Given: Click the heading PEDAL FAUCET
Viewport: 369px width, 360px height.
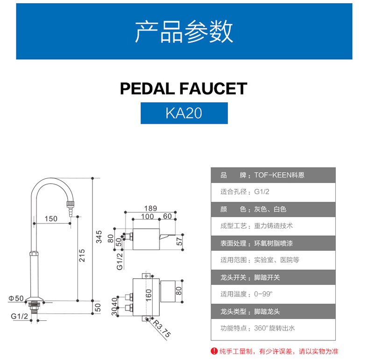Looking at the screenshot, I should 184,88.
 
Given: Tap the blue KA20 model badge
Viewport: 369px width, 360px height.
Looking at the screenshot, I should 184,113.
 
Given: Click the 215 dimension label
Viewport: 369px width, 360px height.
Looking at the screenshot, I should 82,254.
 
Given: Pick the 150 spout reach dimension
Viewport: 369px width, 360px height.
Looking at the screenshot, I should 51,219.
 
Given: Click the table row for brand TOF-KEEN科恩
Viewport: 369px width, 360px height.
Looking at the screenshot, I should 273,176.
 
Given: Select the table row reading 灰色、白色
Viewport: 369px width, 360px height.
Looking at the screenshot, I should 273,209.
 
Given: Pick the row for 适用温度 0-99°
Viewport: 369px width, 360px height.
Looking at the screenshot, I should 273,294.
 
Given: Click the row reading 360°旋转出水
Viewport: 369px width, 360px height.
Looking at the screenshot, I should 273,328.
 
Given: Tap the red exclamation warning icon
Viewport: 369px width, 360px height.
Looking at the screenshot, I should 214,351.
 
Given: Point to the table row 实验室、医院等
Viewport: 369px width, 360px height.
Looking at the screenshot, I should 273,260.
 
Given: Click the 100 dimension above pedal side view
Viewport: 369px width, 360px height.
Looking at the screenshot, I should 148,217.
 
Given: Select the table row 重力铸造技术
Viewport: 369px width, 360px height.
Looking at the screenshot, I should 273,226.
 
